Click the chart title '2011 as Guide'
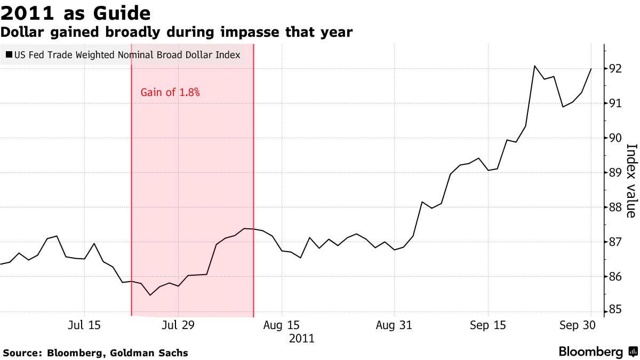[75, 13]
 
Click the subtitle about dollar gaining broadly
[177, 32]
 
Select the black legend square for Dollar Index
[9, 54]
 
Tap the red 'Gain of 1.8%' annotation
[170, 92]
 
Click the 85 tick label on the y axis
[615, 309]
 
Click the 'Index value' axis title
[630, 181]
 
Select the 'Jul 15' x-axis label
[84, 325]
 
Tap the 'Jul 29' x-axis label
[178, 325]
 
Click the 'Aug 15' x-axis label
[283, 325]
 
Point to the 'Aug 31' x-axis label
[395, 325]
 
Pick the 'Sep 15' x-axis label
[488, 325]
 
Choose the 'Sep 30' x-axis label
[577, 325]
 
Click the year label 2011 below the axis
[302, 338]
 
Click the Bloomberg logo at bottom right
[597, 352]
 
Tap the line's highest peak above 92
[534, 66]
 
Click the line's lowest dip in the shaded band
[150, 295]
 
